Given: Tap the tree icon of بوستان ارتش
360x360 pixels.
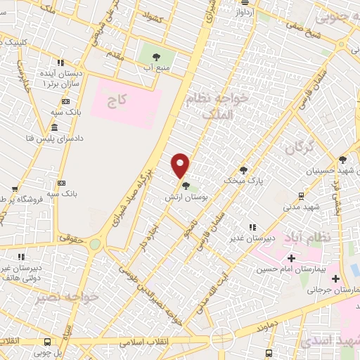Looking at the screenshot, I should [186, 186].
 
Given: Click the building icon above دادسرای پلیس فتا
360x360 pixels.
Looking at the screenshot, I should [54, 127].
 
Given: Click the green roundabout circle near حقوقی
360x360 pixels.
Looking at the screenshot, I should [96, 243].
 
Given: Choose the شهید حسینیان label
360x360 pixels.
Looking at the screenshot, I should [326, 171].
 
